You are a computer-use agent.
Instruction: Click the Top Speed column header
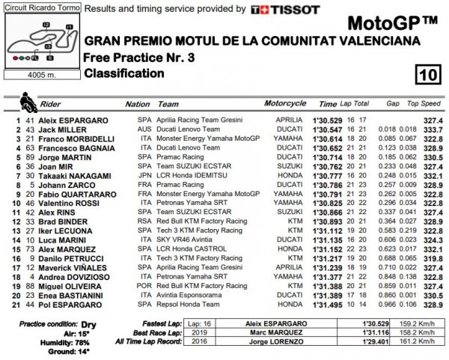point(426,104)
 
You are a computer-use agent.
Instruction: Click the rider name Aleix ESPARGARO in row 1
point(73,120)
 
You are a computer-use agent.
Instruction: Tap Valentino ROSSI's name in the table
point(70,202)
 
